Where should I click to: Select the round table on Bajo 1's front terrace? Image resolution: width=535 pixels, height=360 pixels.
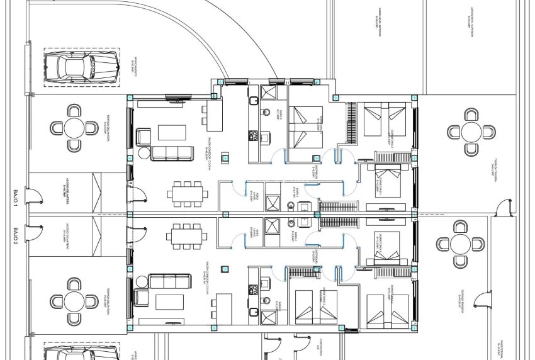pos(74,128)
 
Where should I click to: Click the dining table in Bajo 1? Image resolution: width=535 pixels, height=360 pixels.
pos(188,193)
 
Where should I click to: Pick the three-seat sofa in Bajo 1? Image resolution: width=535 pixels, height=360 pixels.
pos(171,152)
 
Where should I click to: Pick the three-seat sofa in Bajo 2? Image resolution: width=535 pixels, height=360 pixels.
pos(171,281)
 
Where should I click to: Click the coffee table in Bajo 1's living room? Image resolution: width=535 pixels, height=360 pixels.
pos(172,132)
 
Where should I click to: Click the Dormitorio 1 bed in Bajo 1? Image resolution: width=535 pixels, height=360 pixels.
pos(385,179)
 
